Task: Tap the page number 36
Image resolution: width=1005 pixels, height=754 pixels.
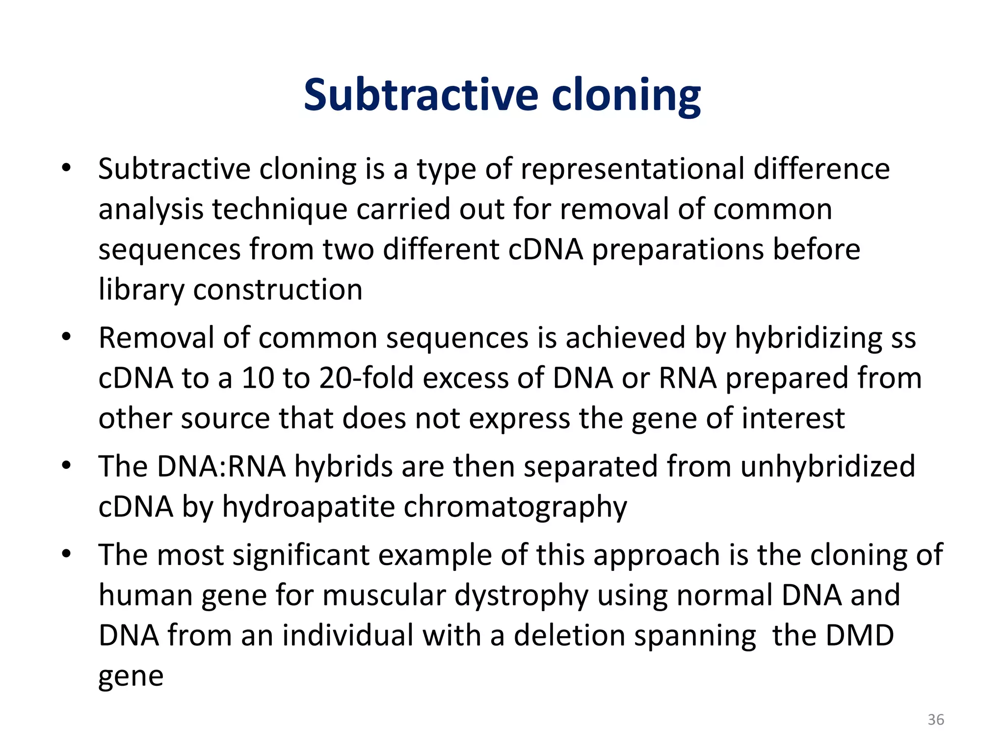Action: [x=936, y=720]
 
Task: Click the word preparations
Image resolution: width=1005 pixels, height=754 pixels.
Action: [x=678, y=249]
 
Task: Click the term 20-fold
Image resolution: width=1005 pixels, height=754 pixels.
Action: [x=366, y=378]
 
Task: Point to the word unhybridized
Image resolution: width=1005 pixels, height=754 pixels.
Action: [x=827, y=466]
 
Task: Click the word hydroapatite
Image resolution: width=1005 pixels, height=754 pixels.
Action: [x=308, y=507]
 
